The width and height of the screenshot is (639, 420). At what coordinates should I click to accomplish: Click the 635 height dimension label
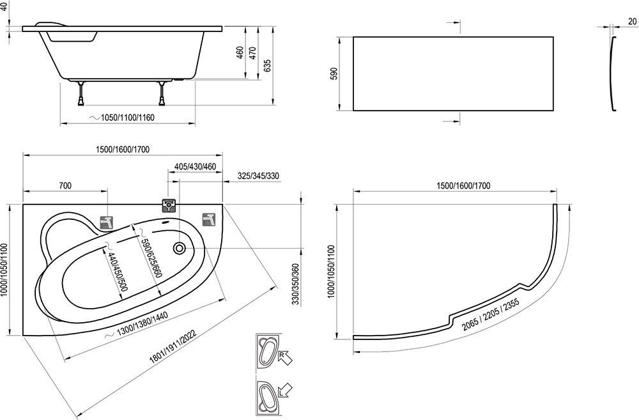tap(267, 65)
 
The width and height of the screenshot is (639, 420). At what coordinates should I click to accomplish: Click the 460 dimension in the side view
tap(240, 52)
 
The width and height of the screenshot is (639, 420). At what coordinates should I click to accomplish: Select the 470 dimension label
tap(252, 53)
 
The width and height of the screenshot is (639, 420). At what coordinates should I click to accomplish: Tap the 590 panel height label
tap(334, 74)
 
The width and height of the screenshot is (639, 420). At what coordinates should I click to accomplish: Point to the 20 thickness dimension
tap(632, 21)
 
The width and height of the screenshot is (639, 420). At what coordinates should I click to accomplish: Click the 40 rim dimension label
tap(4, 6)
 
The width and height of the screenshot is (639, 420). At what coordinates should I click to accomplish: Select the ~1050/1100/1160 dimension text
tap(122, 118)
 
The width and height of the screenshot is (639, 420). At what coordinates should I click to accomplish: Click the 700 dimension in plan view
tap(65, 185)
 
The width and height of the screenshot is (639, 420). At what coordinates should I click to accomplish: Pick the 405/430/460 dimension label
tap(195, 167)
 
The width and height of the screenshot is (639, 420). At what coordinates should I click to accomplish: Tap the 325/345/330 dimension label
tap(258, 176)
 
